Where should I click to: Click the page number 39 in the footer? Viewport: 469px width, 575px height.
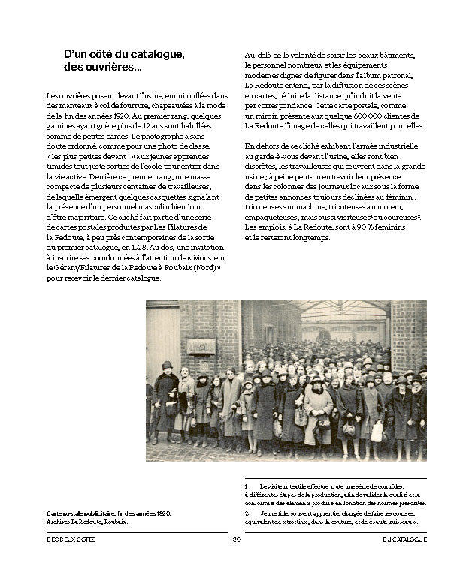(x=236, y=539)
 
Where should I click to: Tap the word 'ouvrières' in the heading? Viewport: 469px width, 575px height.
(x=116, y=68)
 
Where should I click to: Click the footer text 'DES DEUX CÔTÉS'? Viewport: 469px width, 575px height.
(x=71, y=539)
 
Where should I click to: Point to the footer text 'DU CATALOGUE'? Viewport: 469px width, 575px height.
(x=404, y=539)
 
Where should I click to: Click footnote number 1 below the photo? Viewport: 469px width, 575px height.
(x=247, y=486)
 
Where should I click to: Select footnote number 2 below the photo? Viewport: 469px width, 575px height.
(x=247, y=513)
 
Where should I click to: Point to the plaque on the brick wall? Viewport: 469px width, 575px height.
(x=201, y=345)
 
